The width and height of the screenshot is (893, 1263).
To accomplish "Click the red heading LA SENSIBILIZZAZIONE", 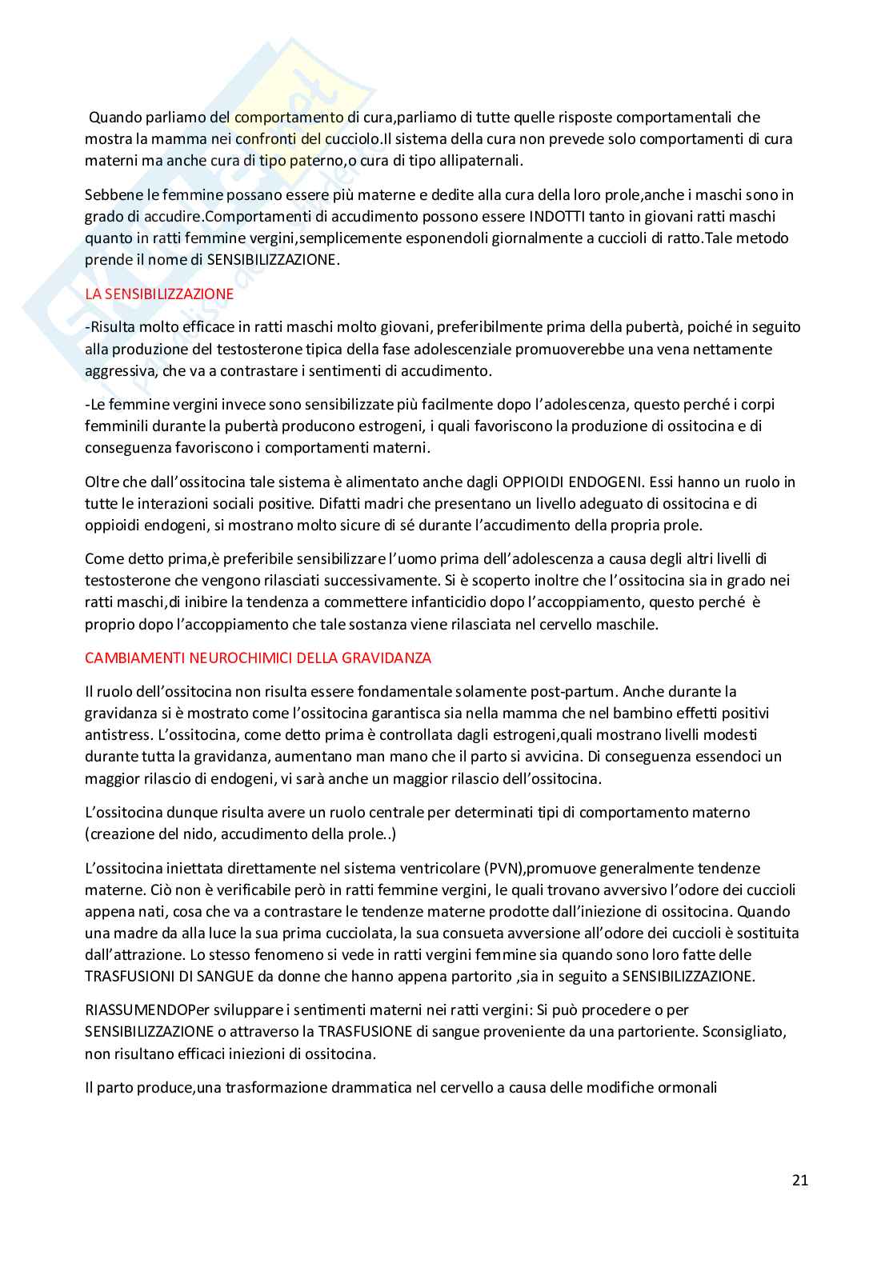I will [x=159, y=294].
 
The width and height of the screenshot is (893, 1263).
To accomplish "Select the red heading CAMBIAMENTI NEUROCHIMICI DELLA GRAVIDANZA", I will [x=258, y=657].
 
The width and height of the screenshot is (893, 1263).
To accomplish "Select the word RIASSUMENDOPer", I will [x=140, y=1010].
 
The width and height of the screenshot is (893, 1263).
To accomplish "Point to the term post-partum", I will [x=581, y=690].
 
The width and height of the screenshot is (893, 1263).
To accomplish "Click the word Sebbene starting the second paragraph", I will [x=110, y=194].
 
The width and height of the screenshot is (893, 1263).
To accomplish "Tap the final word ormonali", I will [x=687, y=1087].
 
